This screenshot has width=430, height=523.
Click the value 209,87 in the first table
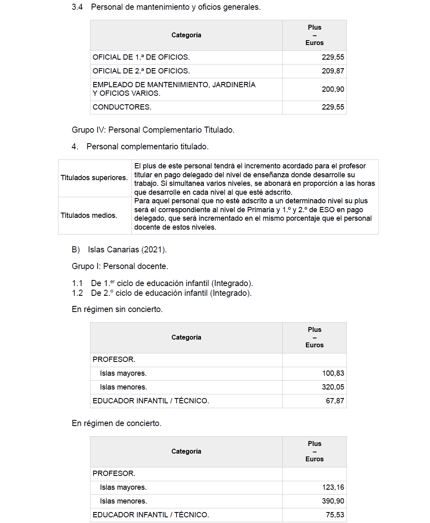333,71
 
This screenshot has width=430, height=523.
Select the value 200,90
333,89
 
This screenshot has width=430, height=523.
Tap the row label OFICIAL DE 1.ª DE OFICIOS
141,57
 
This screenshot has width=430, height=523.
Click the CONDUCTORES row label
122,107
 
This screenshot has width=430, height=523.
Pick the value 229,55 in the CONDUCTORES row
333,107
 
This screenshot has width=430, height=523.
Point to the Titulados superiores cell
94,178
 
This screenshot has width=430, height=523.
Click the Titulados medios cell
89,215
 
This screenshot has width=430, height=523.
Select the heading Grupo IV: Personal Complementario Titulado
153,130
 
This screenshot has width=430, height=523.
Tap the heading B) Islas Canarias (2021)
119,250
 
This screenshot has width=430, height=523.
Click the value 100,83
333,373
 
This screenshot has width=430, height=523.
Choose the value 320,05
333,387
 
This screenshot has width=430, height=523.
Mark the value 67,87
335,401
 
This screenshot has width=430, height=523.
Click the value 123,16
333,487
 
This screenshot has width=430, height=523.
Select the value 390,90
333,501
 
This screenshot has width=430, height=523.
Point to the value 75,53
335,515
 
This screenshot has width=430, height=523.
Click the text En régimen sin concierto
117,309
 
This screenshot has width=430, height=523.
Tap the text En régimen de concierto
116,423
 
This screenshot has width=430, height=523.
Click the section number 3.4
77,7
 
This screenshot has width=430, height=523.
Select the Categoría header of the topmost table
186,35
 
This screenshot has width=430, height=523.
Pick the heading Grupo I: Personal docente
120,266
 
